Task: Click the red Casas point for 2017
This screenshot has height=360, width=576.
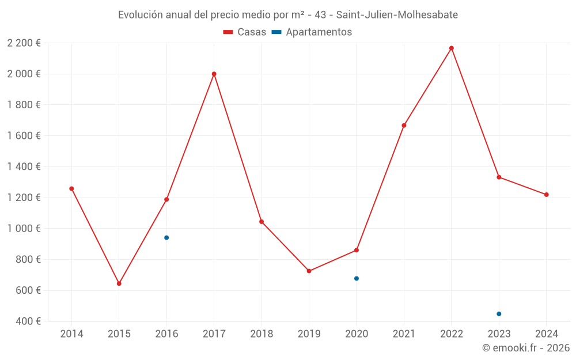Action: pyautogui.click(x=214, y=74)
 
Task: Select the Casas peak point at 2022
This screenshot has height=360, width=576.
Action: pyautogui.click(x=452, y=48)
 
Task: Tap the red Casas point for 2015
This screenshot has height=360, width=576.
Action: pyautogui.click(x=119, y=283)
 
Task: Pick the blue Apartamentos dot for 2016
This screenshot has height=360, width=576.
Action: pyautogui.click(x=166, y=237)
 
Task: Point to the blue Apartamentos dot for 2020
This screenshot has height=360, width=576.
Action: pyautogui.click(x=357, y=278)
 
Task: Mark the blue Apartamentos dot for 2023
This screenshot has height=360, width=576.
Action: pyautogui.click(x=499, y=314)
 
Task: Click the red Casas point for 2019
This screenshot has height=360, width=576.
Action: pyautogui.click(x=309, y=271)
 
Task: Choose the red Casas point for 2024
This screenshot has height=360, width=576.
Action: pyautogui.click(x=547, y=195)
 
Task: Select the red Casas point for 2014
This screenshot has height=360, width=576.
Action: pyautogui.click(x=71, y=188)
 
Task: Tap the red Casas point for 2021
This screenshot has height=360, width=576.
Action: pyautogui.click(x=404, y=125)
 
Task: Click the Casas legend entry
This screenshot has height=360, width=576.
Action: pyautogui.click(x=245, y=32)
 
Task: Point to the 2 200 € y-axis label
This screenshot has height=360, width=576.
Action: pyautogui.click(x=24, y=43)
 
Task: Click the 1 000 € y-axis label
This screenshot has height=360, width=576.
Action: pyautogui.click(x=24, y=228)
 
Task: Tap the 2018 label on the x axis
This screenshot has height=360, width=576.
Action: pyautogui.click(x=262, y=334)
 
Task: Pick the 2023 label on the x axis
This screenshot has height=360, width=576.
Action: pyautogui.click(x=499, y=334)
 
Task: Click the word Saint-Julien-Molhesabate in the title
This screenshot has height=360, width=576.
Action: pyautogui.click(x=392, y=15)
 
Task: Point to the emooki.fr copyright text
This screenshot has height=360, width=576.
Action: pyautogui.click(x=526, y=348)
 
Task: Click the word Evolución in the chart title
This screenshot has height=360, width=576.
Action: pyautogui.click(x=140, y=15)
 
